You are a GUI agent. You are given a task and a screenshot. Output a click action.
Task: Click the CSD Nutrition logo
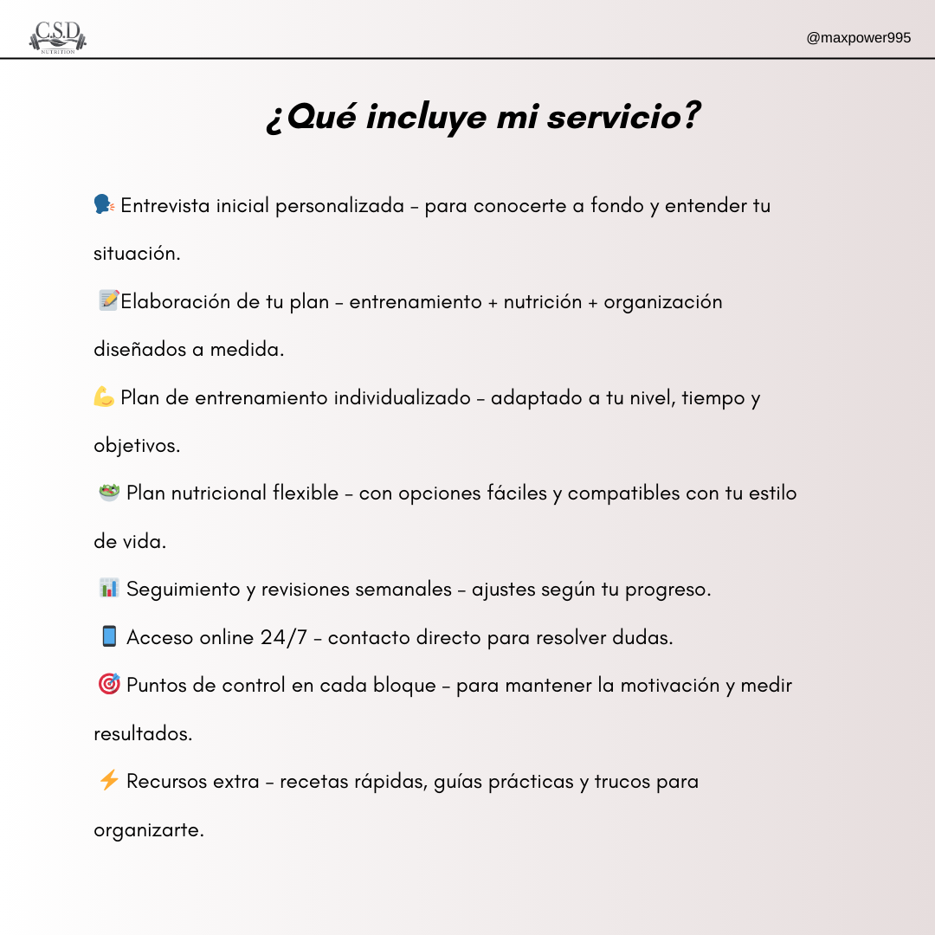tap(58, 37)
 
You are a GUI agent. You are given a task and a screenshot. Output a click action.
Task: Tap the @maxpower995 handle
tap(858, 38)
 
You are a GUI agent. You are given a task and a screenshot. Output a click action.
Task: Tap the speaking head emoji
tap(104, 205)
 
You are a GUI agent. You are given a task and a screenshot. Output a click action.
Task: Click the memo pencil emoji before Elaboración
tap(108, 300)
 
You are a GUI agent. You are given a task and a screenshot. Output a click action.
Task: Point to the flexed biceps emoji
tap(104, 397)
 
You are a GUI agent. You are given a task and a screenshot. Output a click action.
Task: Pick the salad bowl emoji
tap(108, 493)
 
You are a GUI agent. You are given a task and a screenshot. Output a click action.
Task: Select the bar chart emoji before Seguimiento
tap(108, 589)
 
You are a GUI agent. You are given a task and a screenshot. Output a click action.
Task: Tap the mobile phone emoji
tap(108, 636)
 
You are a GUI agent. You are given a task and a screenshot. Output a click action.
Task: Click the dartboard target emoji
tap(108, 685)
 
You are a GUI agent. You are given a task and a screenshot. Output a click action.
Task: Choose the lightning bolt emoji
tap(108, 780)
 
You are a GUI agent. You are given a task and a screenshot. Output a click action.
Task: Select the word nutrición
tap(542, 302)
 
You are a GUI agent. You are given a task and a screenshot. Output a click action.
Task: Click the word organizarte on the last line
tap(148, 830)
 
